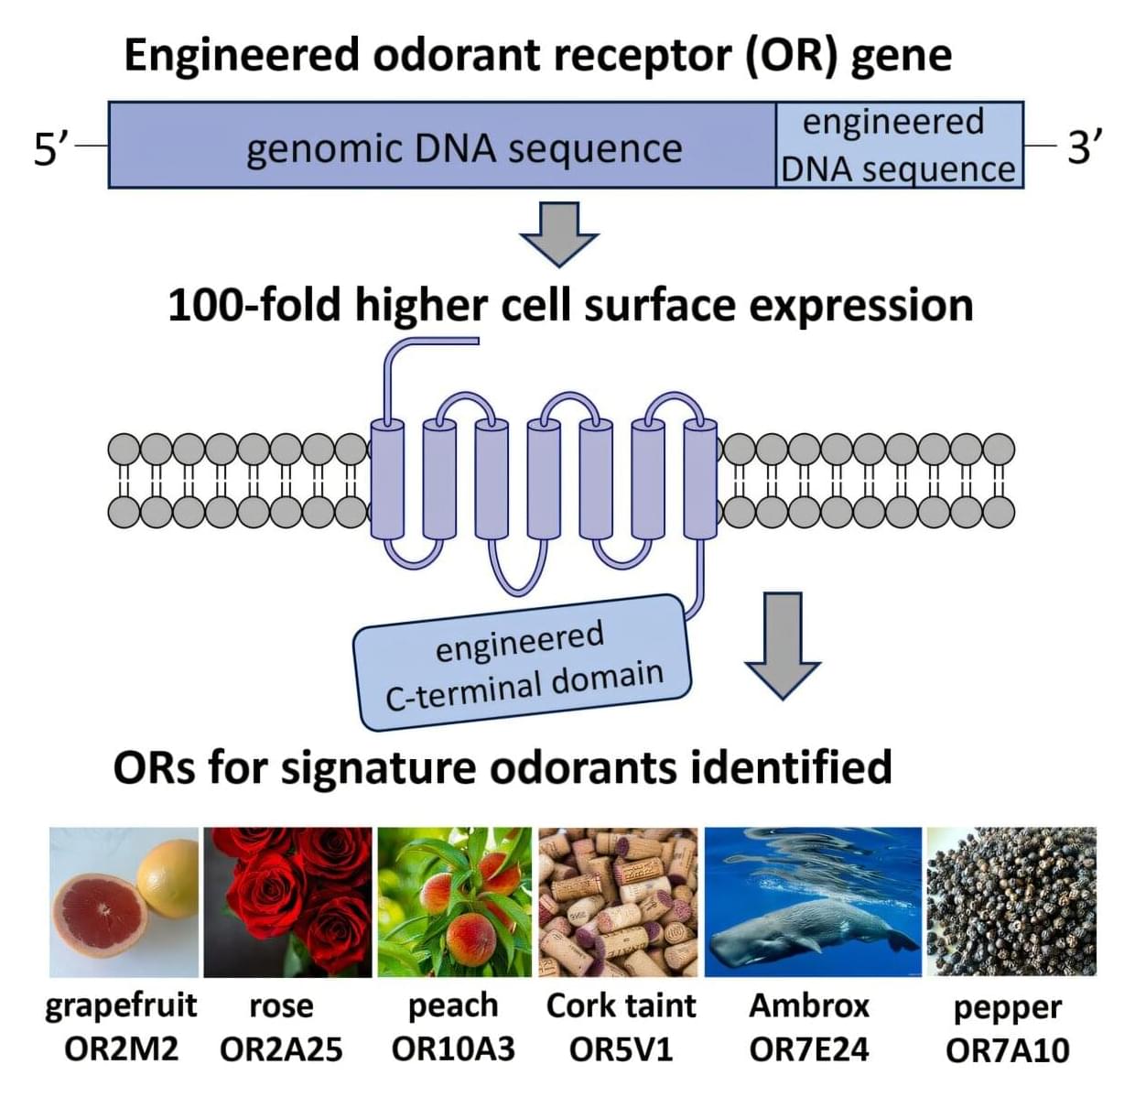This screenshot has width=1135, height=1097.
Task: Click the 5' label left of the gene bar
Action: pos(50,147)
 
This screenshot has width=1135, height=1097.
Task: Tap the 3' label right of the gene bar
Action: pos(1084,147)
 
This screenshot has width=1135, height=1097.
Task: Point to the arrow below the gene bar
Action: pos(558,233)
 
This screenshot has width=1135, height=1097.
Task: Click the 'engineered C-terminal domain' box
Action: pos(522,663)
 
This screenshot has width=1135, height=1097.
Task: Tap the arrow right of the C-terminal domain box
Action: pos(782,645)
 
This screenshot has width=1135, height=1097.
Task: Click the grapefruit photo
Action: pos(124,902)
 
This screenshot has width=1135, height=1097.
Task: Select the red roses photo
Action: pos(287,902)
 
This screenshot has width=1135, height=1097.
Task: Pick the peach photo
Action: pos(454,902)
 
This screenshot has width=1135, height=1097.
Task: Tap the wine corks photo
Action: pos(619,902)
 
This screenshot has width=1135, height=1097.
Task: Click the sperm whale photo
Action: pos(813,902)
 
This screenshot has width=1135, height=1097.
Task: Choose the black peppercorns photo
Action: pos(1011,902)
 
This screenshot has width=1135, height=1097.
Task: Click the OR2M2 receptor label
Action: pos(121,1048)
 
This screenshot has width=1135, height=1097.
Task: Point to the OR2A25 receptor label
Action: pos(281,1049)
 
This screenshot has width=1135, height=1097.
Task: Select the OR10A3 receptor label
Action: pos(453,1048)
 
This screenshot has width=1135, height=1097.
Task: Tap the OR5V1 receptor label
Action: pos(621,1048)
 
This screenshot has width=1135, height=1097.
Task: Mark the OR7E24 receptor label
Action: pos(809,1048)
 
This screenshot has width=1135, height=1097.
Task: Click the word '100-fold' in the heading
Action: pos(255,304)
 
